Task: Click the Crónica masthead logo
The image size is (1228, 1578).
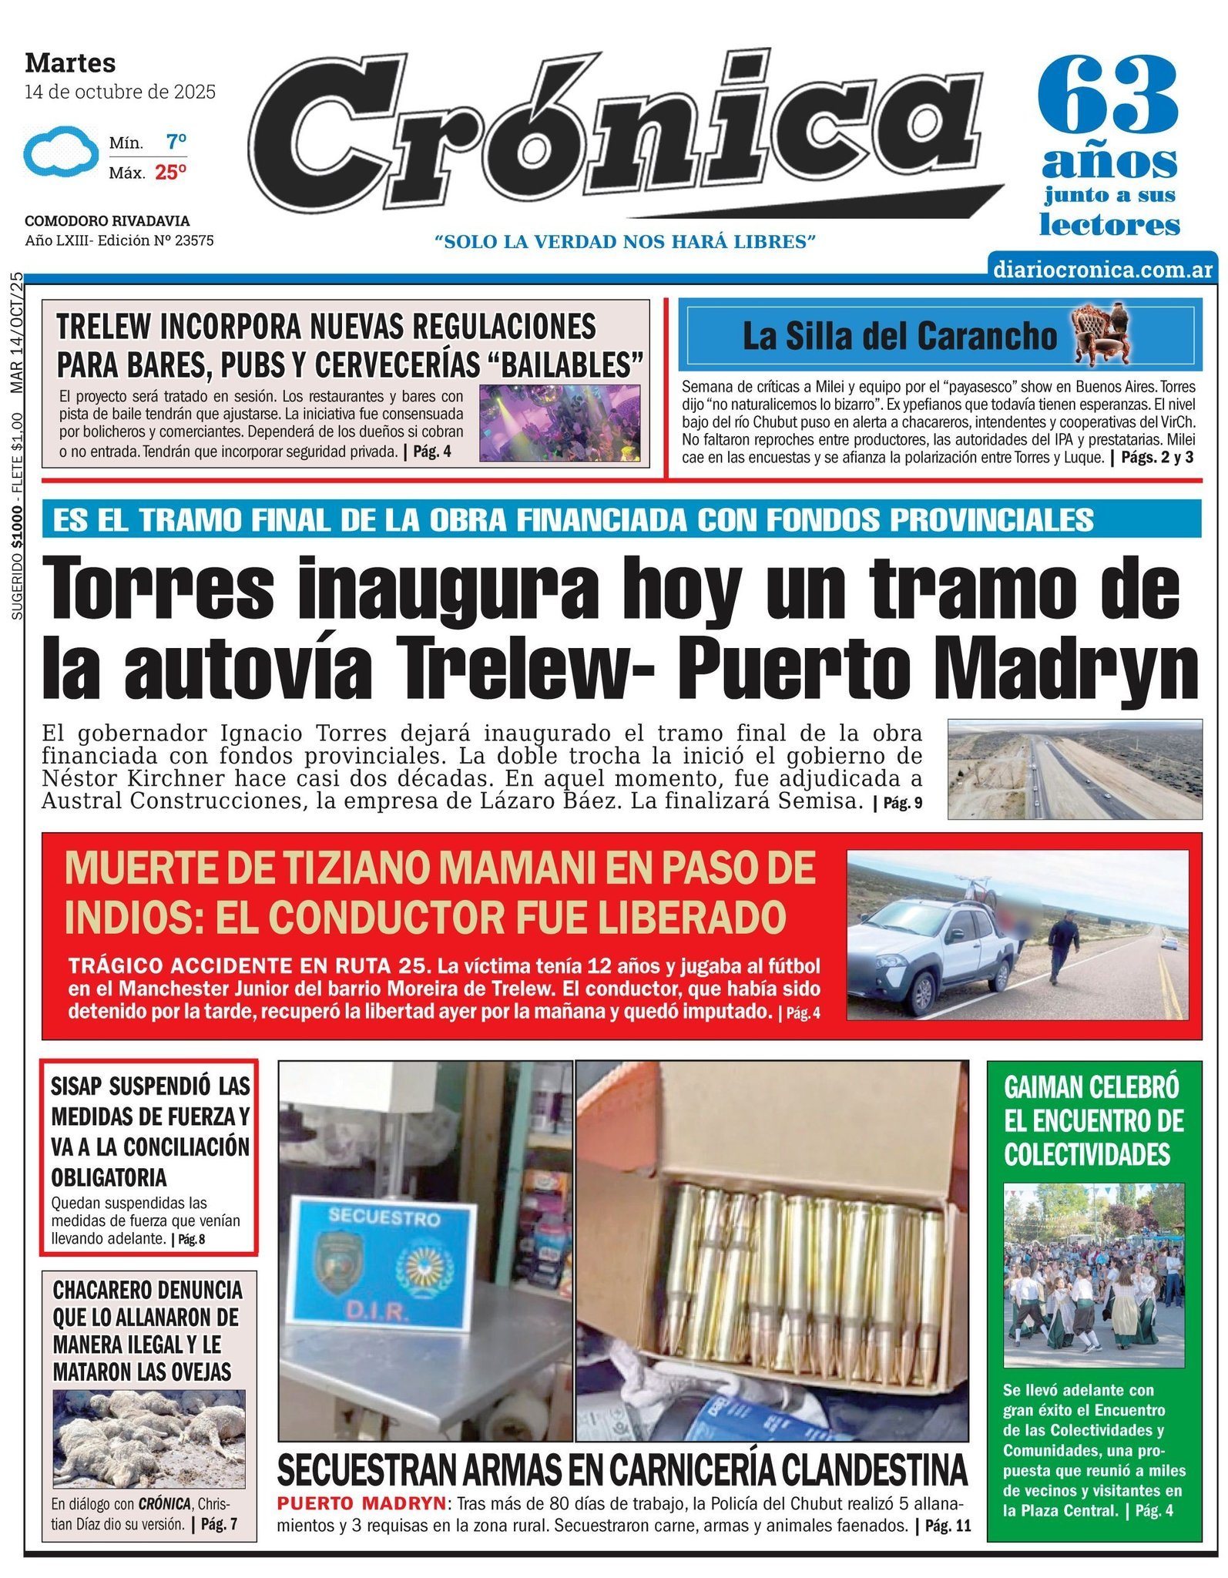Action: (616, 135)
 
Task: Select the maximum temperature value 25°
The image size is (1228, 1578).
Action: (170, 173)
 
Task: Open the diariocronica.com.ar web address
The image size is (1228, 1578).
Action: (1102, 270)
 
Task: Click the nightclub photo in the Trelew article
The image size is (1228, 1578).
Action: (559, 422)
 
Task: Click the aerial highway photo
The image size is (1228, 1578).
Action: (1074, 768)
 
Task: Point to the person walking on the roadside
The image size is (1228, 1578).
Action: (1063, 945)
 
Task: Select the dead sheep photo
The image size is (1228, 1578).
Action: (149, 1438)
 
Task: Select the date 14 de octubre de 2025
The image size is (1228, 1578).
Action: (120, 92)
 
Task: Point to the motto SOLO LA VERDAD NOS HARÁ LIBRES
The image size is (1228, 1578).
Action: (625, 242)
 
